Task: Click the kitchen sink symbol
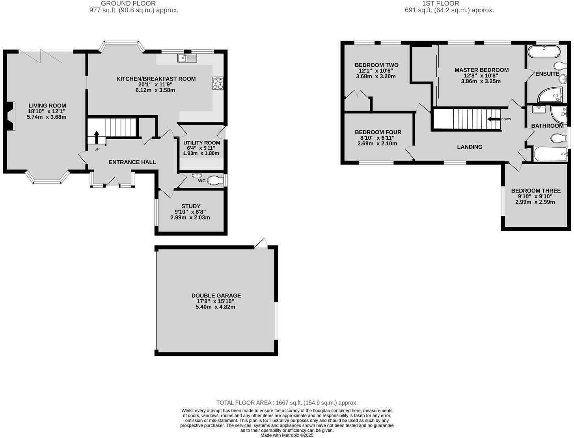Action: (187, 58)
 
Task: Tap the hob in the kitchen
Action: (218, 83)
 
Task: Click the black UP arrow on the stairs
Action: (96, 137)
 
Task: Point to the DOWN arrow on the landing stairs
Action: (493, 119)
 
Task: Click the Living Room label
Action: (47, 105)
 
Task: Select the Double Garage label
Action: (216, 295)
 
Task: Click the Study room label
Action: (191, 206)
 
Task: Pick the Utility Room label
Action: (201, 143)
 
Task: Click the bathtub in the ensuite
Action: (544, 52)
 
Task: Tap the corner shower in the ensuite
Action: (550, 95)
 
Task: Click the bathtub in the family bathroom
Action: (550, 154)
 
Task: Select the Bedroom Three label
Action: (535, 191)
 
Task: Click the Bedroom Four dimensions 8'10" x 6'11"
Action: (378, 138)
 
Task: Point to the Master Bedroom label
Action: (481, 70)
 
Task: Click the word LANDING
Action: (470, 147)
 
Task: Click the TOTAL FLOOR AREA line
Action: (287, 402)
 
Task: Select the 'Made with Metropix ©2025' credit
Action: (287, 435)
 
